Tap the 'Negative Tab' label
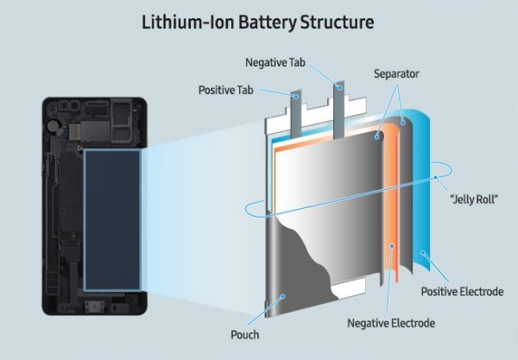(274, 63)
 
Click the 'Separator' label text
(395, 74)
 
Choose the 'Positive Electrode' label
(462, 292)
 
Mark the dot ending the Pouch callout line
(281, 297)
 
